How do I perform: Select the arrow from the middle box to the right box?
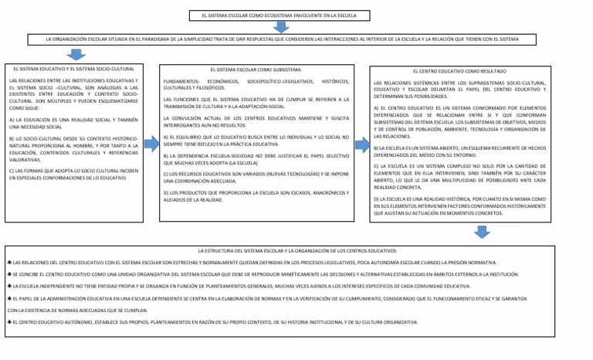click(360, 146)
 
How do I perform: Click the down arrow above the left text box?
click(76, 54)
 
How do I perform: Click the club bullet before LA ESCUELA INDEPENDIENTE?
click(5, 286)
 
